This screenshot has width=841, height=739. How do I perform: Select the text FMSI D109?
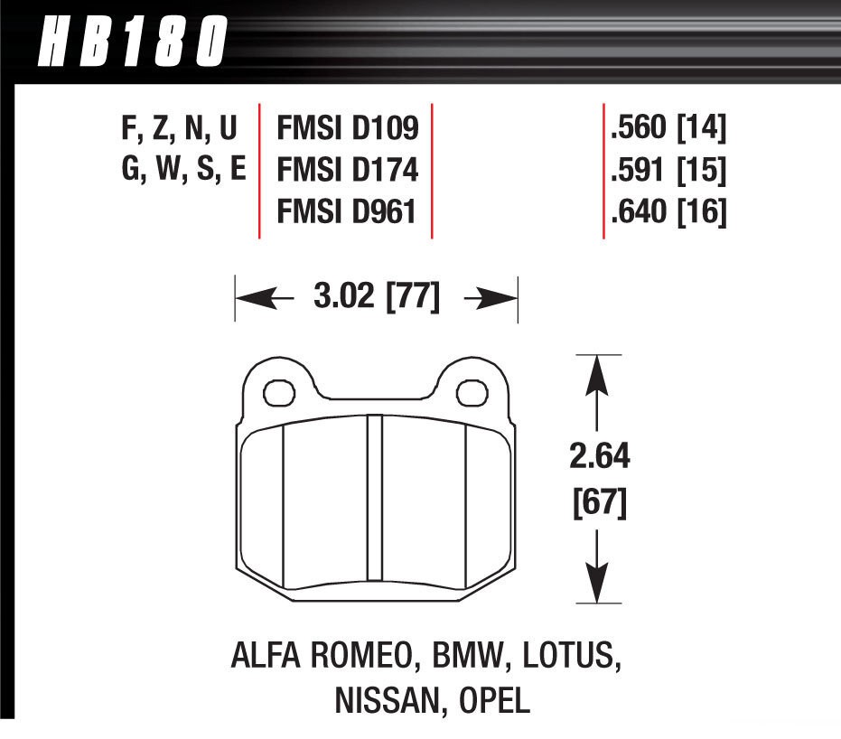(348, 130)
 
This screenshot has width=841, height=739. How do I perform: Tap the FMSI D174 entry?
(348, 172)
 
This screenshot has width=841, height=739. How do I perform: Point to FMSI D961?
(348, 213)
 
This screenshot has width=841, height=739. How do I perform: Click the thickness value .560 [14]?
(668, 130)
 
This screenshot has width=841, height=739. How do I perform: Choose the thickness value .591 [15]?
(668, 172)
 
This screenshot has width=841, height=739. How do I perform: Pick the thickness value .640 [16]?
(668, 213)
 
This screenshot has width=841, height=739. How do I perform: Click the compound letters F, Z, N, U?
(179, 130)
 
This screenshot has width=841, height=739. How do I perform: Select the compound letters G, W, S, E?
(183, 172)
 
